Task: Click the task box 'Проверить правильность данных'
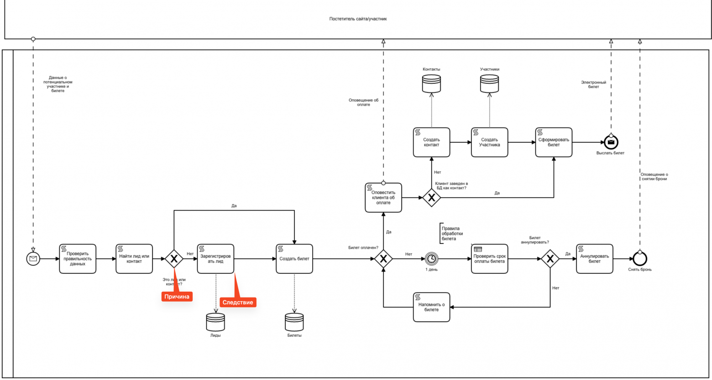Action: (78, 259)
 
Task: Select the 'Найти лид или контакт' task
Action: (134, 259)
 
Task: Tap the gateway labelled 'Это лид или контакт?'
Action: (174, 259)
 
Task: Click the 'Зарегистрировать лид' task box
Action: (215, 259)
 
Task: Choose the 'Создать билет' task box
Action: (294, 259)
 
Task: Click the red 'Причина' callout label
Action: (177, 297)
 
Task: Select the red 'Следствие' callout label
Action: (238, 303)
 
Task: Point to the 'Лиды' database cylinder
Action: (215, 322)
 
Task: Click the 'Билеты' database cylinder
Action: (294, 322)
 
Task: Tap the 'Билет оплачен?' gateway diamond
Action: (383, 259)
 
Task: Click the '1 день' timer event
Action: (431, 259)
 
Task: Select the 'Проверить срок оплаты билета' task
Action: (489, 259)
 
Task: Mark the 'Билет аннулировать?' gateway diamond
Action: (550, 259)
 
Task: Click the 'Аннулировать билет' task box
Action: (594, 259)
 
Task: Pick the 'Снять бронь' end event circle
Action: (640, 259)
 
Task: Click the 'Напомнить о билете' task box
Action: (431, 307)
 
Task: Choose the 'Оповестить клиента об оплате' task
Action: (383, 198)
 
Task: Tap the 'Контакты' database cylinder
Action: (431, 84)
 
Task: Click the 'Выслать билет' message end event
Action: (611, 142)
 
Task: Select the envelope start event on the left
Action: (33, 259)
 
